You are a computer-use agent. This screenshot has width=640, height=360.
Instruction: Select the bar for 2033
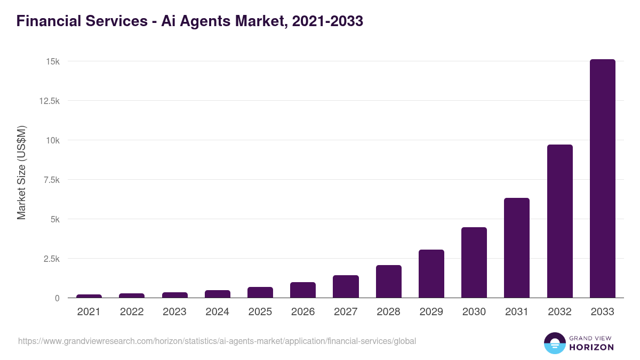tap(602, 179)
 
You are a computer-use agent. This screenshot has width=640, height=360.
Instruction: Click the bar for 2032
tap(559, 221)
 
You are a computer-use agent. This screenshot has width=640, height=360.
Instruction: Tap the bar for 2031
tap(517, 248)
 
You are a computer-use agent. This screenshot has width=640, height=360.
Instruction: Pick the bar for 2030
tap(474, 262)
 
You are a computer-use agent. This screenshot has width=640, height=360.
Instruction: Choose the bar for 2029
tap(431, 274)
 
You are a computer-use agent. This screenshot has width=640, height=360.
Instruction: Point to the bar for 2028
tap(388, 282)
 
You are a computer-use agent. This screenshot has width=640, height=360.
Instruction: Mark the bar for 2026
tap(303, 290)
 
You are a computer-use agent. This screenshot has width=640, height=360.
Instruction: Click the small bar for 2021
tap(89, 296)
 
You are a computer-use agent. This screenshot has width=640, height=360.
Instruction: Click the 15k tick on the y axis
tap(52, 61)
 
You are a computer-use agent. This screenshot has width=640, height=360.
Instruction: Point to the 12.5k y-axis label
tap(49, 101)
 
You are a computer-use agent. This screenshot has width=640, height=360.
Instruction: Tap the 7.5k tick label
tap(51, 180)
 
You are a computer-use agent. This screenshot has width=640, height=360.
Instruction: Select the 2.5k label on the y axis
tap(51, 259)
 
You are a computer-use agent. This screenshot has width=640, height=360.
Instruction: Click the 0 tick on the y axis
tap(57, 298)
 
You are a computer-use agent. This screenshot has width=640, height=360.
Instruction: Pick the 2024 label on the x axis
tap(218, 312)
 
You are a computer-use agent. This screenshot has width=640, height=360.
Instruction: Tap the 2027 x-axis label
tap(346, 312)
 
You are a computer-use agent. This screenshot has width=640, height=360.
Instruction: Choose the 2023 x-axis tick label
tap(174, 312)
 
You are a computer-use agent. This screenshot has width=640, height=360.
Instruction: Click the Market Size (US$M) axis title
tap(21, 172)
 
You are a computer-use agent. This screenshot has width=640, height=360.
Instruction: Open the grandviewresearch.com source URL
tap(217, 341)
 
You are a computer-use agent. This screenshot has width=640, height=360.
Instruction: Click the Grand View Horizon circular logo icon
tap(554, 343)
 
